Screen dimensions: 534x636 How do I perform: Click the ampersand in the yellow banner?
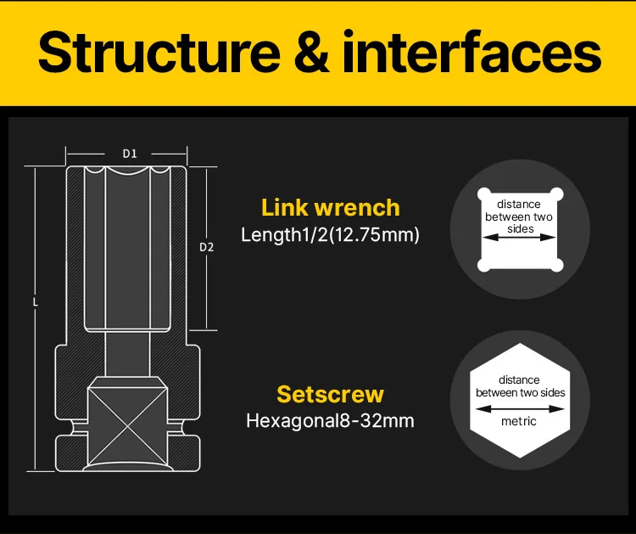315,53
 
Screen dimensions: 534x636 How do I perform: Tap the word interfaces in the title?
471,53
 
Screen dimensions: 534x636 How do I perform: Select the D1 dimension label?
130,154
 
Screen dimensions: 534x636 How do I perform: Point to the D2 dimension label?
206,247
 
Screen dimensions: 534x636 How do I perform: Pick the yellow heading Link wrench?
330,207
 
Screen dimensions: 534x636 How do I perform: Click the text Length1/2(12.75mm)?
330,235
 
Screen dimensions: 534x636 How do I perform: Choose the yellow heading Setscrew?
330,394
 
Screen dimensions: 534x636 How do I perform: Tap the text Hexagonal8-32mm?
330,420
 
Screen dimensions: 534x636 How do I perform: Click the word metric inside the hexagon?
519,422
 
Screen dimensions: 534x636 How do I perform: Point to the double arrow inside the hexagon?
519,407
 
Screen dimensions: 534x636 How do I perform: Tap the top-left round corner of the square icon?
484,194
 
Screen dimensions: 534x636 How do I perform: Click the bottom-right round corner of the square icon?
555,265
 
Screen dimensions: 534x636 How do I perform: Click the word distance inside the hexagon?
519,380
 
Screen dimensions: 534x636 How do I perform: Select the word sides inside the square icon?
519,229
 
